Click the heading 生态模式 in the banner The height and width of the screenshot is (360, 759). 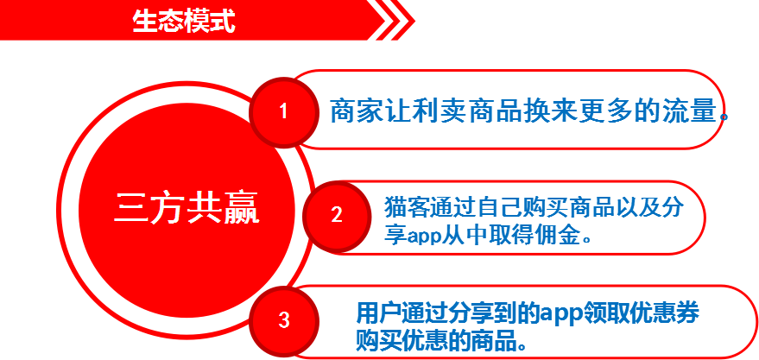pyautogui.click(x=184, y=21)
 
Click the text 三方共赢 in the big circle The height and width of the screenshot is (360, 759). pyautogui.click(x=187, y=208)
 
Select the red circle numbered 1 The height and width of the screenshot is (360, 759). pyautogui.click(x=284, y=112)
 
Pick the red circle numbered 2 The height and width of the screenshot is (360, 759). pyautogui.click(x=337, y=216)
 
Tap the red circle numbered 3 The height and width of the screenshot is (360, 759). pyautogui.click(x=284, y=320)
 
